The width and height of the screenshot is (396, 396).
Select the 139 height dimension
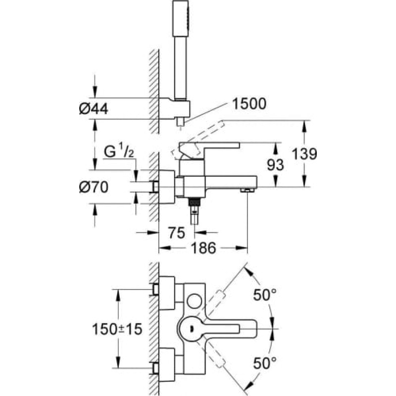pyautogui.click(x=303, y=154)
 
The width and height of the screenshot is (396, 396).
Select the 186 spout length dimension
pyautogui.click(x=203, y=248)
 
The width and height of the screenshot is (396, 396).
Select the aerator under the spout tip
pyautogui.click(x=246, y=190)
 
